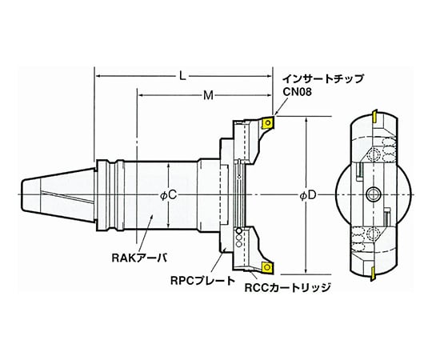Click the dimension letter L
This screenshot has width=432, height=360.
[x=183, y=76]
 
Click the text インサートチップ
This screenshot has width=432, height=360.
[x=322, y=79]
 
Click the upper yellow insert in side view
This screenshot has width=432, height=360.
[x=269, y=123]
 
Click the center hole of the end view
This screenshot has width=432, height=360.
[x=372, y=194]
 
